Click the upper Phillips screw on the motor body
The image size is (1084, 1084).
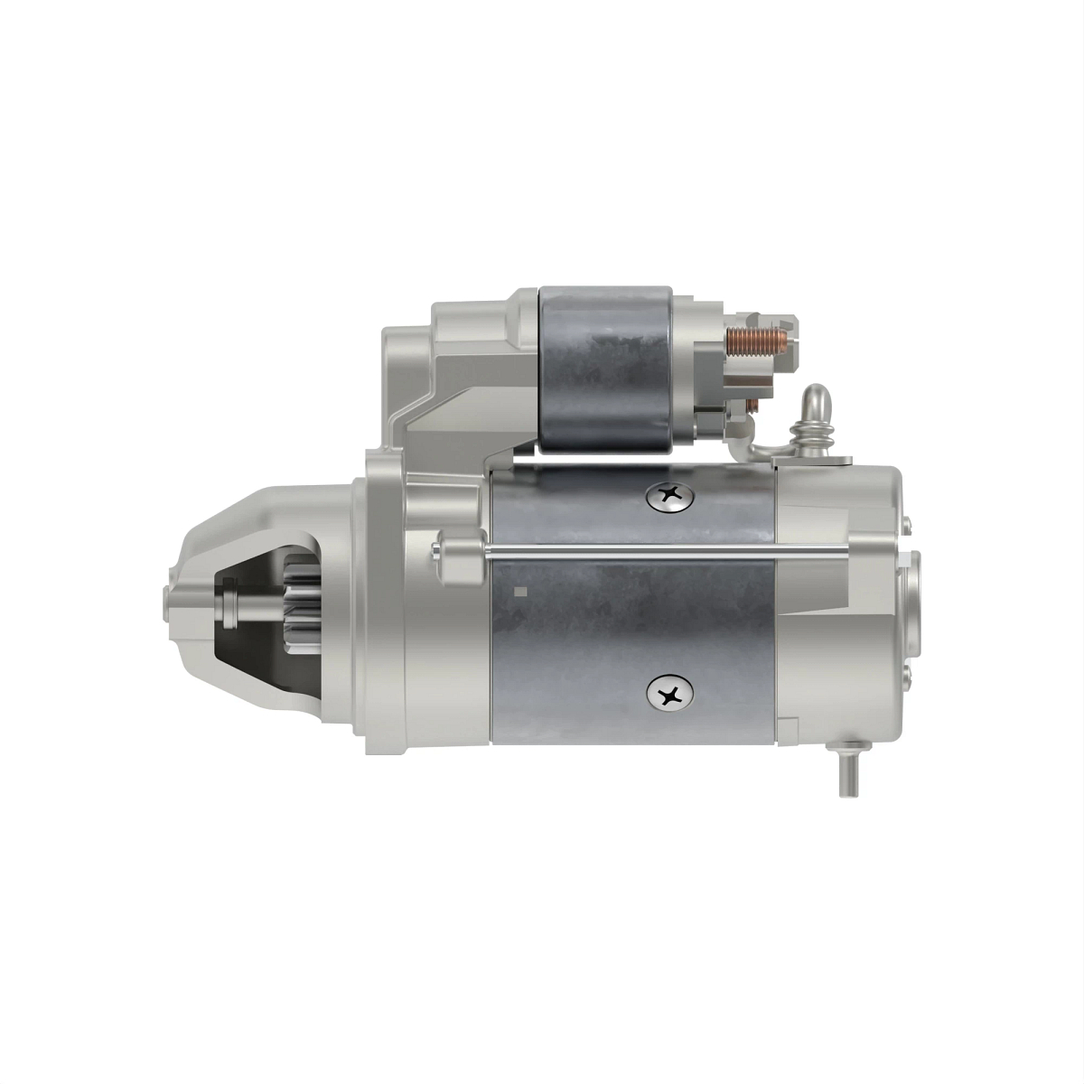point(669,494)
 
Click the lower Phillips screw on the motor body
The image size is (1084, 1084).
point(669,694)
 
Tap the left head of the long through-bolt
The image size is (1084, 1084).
point(440,548)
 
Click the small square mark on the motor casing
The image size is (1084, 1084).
point(519,593)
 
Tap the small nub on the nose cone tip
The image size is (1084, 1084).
point(166,603)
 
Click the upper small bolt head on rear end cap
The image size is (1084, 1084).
point(905,523)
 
